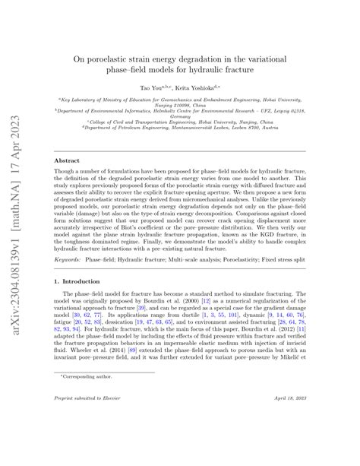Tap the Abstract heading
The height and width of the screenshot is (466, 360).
tap(69, 160)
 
